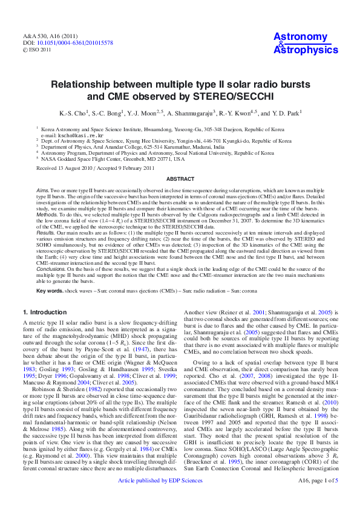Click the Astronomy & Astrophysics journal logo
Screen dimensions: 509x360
click(x=306, y=44)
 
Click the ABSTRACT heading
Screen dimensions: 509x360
click(x=180, y=179)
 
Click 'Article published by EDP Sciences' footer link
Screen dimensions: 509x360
click(x=160, y=497)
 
